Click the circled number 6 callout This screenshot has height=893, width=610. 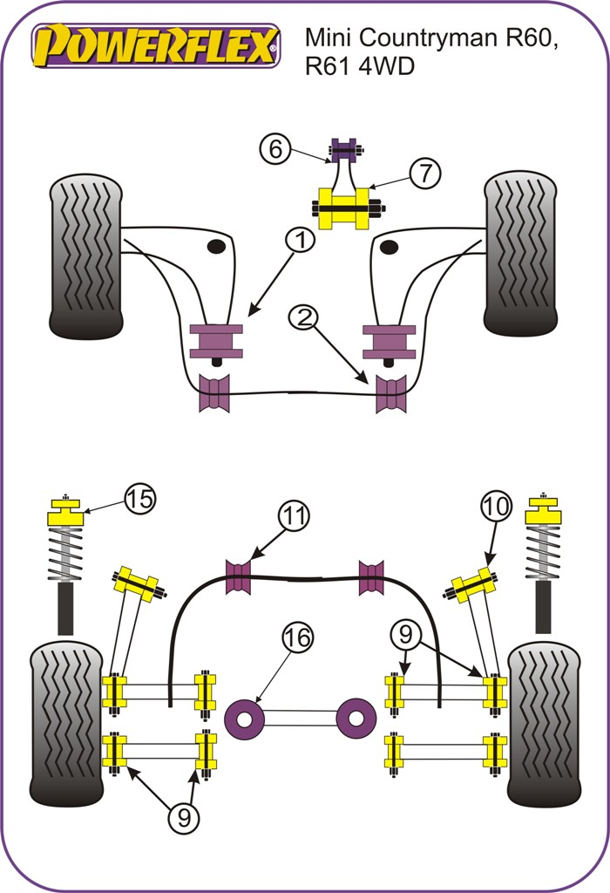[274, 149]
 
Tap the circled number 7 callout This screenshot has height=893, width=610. [424, 174]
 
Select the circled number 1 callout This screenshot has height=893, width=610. [300, 241]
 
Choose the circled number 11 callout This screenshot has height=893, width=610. [294, 516]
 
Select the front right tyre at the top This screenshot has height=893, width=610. [519, 253]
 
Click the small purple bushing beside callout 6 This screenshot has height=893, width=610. [345, 151]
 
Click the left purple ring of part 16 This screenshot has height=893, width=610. [245, 718]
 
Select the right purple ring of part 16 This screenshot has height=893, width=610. [356, 717]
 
